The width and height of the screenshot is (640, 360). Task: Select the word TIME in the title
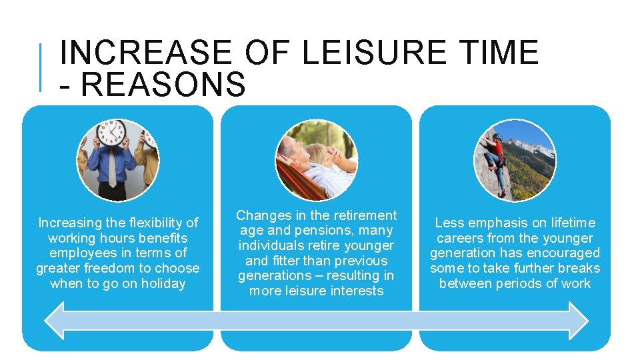pyautogui.click(x=499, y=52)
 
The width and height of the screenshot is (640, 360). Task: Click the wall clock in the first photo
pyautogui.click(x=111, y=133)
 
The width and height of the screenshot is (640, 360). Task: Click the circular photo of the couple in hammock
pyautogui.click(x=317, y=160)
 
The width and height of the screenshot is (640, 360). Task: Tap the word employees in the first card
pyautogui.click(x=79, y=253)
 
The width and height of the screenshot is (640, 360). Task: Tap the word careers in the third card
pyautogui.click(x=461, y=238)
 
